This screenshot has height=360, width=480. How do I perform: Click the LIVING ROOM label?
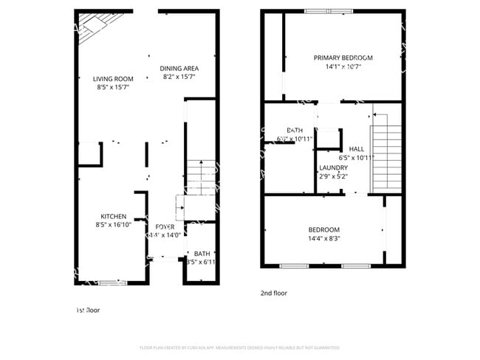pyautogui.click(x=113, y=79)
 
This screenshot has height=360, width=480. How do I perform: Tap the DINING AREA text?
pyautogui.click(x=179, y=69)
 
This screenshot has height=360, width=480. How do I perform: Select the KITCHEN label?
pyautogui.click(x=113, y=216)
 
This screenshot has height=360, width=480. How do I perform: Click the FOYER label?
pyautogui.click(x=165, y=226)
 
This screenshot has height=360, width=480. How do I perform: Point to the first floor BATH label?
pyautogui.click(x=202, y=253)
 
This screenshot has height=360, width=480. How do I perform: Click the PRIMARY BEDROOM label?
pyautogui.click(x=343, y=58)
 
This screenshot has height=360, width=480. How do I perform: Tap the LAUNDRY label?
pyautogui.click(x=333, y=167)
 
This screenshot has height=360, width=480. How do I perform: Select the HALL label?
pyautogui.click(x=357, y=148)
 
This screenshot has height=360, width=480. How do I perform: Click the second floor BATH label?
pyautogui.click(x=295, y=130)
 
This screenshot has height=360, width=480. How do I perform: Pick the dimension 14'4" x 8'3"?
pyautogui.click(x=323, y=238)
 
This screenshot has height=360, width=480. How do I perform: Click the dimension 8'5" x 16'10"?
pyautogui.click(x=113, y=225)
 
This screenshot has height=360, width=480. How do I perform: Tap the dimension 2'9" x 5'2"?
pyautogui.click(x=333, y=176)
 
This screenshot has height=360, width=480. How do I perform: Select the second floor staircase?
pyautogui.click(x=385, y=151)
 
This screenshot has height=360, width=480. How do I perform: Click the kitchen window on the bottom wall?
pyautogui.click(x=113, y=282)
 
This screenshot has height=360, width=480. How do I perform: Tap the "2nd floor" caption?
pyautogui.click(x=273, y=293)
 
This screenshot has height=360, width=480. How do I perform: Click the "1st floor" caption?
pyautogui.click(x=88, y=311)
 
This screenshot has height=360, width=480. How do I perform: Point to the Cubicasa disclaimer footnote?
pyautogui.click(x=240, y=347)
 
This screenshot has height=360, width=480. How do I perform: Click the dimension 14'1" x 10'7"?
pyautogui.click(x=343, y=66)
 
